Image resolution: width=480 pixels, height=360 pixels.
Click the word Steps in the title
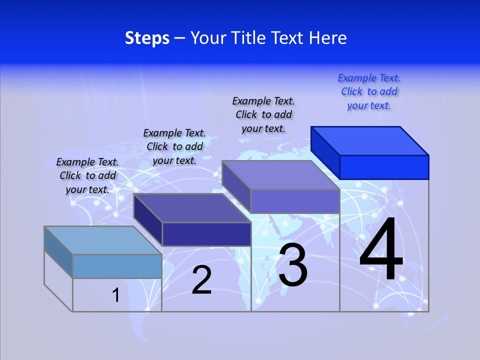click(x=147, y=38)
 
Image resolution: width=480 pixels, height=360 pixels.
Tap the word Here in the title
click(x=328, y=38)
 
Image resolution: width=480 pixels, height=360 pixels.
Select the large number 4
click(x=381, y=250)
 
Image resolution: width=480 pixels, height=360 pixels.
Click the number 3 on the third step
click(x=292, y=265)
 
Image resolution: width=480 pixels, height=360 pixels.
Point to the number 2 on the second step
click(x=201, y=280)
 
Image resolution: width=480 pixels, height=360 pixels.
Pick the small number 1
click(x=116, y=295)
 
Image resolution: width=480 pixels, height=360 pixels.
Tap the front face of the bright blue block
click(x=384, y=167)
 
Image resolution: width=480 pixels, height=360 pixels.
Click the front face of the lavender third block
click(x=295, y=201)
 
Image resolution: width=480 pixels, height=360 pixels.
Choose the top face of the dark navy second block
click(x=192, y=208)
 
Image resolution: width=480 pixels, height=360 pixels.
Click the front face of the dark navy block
click(x=206, y=234)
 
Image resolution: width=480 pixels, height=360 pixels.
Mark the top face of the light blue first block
click(x=103, y=240)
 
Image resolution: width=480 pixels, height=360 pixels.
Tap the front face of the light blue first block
click(x=117, y=266)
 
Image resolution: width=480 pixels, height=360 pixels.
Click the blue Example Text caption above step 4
click(x=369, y=91)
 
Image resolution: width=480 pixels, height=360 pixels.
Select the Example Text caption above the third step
click(x=263, y=114)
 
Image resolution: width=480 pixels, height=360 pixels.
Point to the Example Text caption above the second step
click(x=174, y=146)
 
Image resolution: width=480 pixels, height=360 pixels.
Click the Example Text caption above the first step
click(x=87, y=175)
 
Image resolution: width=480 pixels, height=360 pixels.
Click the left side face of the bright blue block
click(x=325, y=152)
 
